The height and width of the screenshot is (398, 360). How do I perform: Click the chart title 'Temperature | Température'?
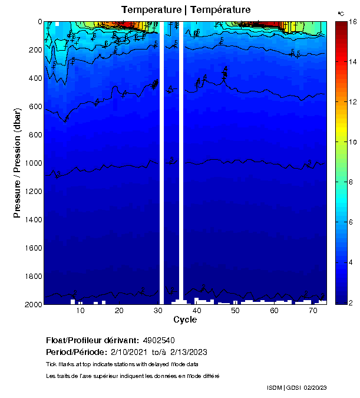pos(186,10)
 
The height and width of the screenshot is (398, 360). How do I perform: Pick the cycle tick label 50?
pos(235,311)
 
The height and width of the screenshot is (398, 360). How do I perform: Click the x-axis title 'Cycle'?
pos(185,320)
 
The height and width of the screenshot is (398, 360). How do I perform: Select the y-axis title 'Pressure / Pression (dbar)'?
pos(17,163)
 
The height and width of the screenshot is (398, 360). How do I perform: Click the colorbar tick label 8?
pos(352,182)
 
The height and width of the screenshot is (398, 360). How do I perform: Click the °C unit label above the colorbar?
pos(341,13)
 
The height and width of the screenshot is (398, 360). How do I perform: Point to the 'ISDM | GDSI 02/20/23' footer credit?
pos(296,387)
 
